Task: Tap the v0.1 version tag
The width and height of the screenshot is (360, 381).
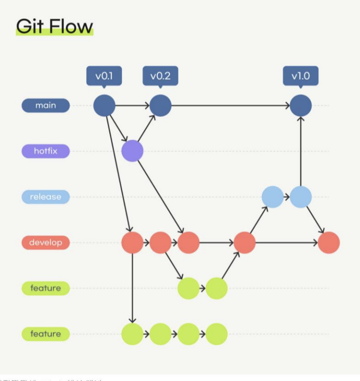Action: pyautogui.click(x=104, y=76)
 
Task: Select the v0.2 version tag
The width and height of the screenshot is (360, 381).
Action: pyautogui.click(x=161, y=76)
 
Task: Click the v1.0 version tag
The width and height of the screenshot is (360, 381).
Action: pyautogui.click(x=301, y=76)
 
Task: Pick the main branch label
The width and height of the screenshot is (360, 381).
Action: pyautogui.click(x=46, y=105)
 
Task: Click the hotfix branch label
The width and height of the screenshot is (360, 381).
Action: pyautogui.click(x=46, y=151)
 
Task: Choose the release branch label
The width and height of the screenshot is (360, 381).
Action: pyautogui.click(x=46, y=197)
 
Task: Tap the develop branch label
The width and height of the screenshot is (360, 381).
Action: pyautogui.click(x=46, y=243)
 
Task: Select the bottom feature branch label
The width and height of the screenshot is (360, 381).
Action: pyautogui.click(x=46, y=334)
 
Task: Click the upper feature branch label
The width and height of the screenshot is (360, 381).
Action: pyautogui.click(x=46, y=288)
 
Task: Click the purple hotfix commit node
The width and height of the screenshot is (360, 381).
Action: pyautogui.click(x=133, y=151)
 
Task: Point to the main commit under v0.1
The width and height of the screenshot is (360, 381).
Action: pyautogui.click(x=104, y=105)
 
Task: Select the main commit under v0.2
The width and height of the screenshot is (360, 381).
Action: pyautogui.click(x=161, y=105)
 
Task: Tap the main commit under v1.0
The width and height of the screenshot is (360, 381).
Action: pyautogui.click(x=301, y=105)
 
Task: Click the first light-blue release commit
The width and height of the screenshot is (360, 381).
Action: pyautogui.click(x=273, y=197)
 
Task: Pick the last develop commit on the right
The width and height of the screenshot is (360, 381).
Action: pyautogui.click(x=329, y=243)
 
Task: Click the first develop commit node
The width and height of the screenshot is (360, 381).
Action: pyautogui.click(x=133, y=243)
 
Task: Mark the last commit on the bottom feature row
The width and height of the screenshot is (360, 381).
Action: pyautogui.click(x=217, y=334)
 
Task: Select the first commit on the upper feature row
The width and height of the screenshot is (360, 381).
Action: pyautogui.click(x=189, y=288)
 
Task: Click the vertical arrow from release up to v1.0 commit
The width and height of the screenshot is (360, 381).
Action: pyautogui.click(x=301, y=152)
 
